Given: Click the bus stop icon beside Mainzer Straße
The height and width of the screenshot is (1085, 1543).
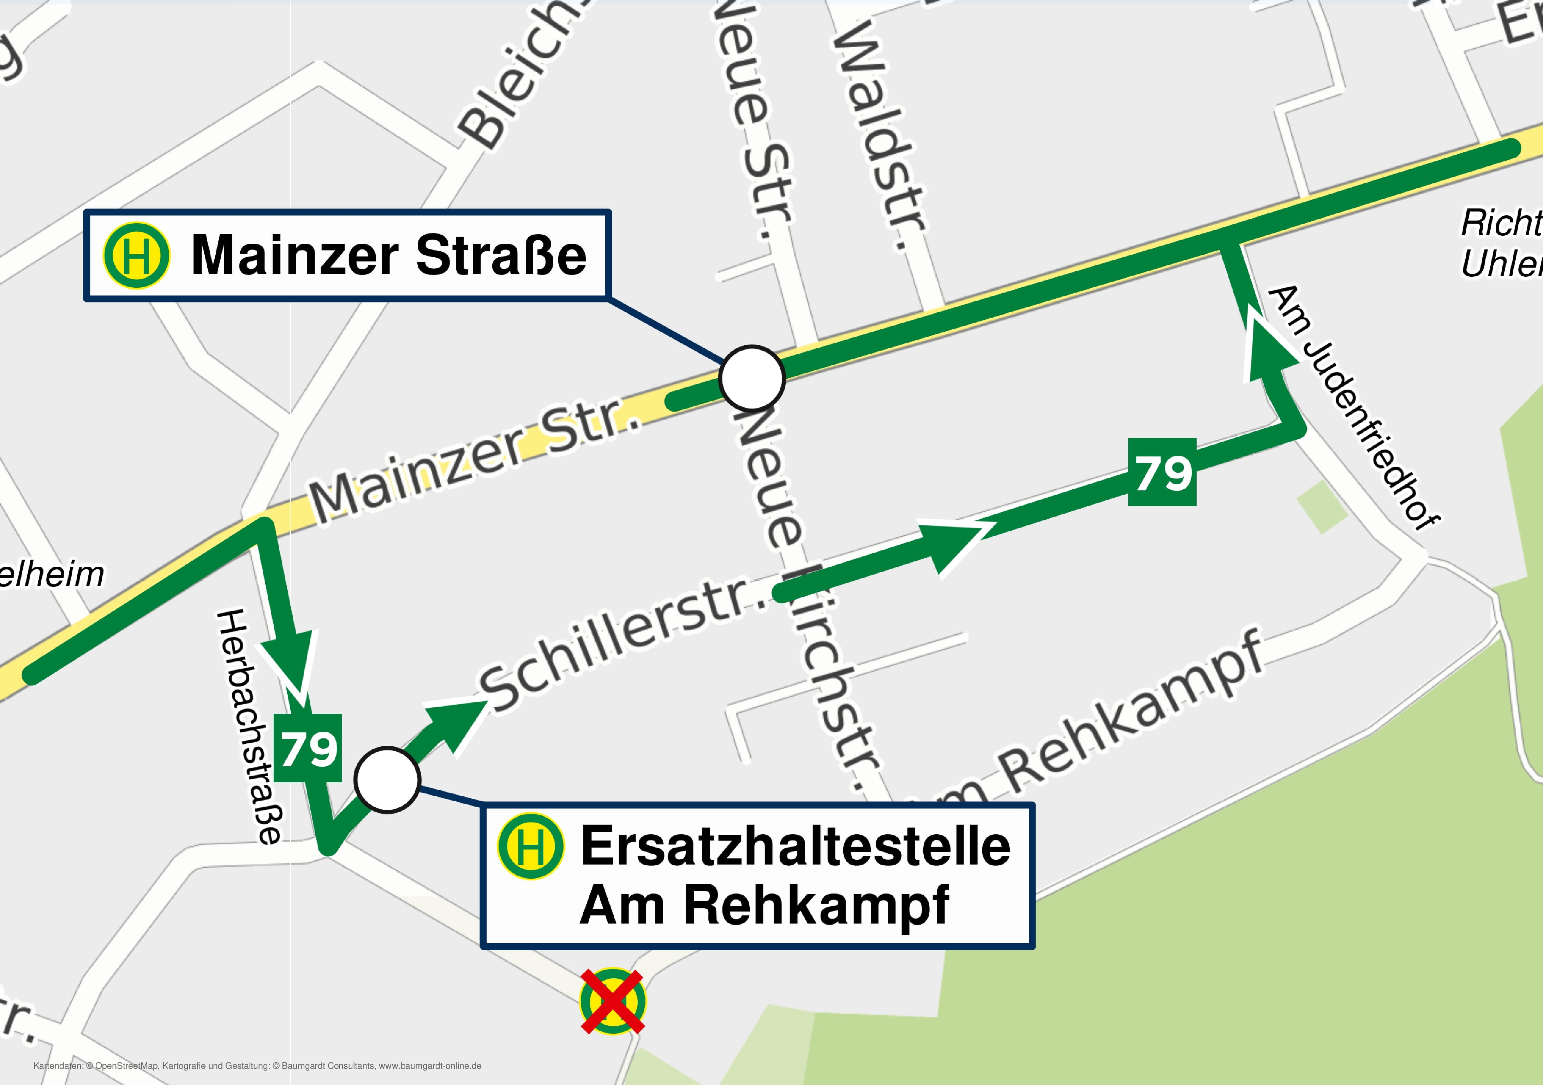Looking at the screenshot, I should (x=136, y=255).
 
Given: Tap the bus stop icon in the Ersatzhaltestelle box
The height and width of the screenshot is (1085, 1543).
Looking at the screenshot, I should (x=530, y=847).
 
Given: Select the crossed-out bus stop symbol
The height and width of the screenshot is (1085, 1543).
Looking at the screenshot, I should (x=612, y=1001).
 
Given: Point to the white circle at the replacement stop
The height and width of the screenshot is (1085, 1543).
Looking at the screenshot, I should (x=387, y=780).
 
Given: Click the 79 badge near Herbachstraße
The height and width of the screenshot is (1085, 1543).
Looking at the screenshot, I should (x=308, y=748).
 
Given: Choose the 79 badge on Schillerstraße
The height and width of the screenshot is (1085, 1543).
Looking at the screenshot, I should (x=1162, y=472).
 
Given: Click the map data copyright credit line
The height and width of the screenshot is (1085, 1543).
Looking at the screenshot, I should (x=257, y=1066).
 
